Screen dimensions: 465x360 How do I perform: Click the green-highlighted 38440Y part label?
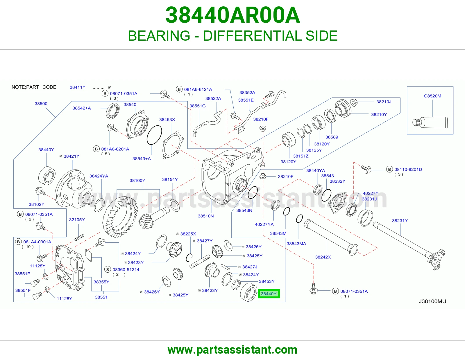[x=269, y=294]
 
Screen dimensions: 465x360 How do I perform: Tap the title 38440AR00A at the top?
[x=233, y=15]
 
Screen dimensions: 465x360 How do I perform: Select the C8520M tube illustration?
[x=430, y=123]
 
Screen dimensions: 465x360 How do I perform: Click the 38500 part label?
[x=41, y=104]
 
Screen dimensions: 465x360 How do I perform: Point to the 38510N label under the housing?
[x=206, y=216]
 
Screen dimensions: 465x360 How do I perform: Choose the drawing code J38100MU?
[x=432, y=301]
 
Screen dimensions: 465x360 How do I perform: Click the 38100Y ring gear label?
[x=137, y=180]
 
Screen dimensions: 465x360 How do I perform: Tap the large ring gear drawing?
[x=120, y=217]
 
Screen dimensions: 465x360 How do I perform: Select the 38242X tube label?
[x=323, y=257]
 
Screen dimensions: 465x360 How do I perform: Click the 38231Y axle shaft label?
[x=400, y=221]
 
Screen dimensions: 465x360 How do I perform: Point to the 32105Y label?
[x=77, y=219]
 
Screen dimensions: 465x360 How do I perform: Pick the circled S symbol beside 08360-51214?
[x=108, y=270]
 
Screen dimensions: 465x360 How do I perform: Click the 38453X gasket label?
[x=167, y=120]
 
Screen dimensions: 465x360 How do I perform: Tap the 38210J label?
[x=384, y=102]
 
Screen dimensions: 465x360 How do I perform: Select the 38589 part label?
[x=332, y=137]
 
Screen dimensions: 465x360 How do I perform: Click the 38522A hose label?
[x=213, y=98]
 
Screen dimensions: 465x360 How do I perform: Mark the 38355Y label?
[x=101, y=282]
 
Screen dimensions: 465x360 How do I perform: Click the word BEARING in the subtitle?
[x=159, y=36]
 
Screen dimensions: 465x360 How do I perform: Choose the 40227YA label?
[x=264, y=224]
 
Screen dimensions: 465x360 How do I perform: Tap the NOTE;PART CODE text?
[x=34, y=87]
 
